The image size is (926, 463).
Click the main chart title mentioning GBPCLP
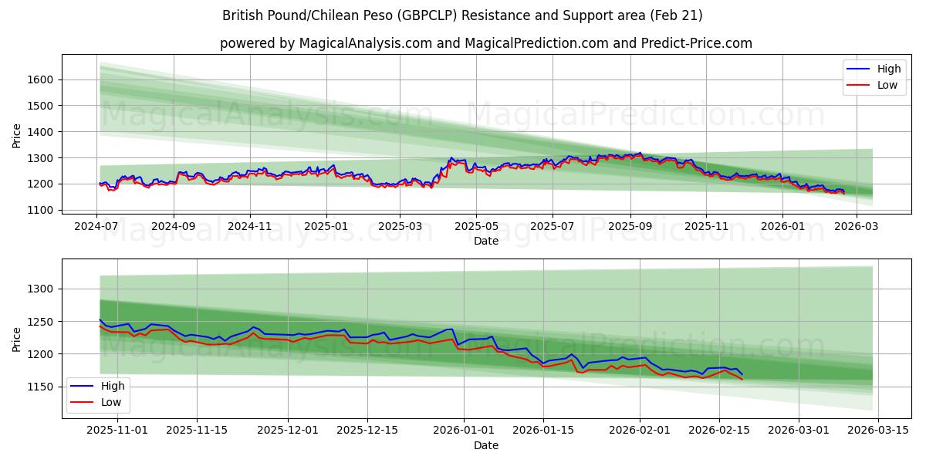pyautogui.click(x=462, y=15)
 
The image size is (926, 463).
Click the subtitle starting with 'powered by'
pyautogui.click(x=485, y=43)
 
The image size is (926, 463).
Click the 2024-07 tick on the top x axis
pyautogui.click(x=96, y=227)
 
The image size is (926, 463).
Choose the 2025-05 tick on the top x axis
pyautogui.click(x=475, y=227)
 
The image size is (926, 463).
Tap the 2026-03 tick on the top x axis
pyautogui.click(x=857, y=227)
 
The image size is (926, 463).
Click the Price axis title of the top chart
pyautogui.click(x=17, y=134)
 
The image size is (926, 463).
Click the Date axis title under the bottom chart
pyautogui.click(x=485, y=445)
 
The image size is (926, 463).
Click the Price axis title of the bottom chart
pyautogui.click(x=17, y=339)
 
